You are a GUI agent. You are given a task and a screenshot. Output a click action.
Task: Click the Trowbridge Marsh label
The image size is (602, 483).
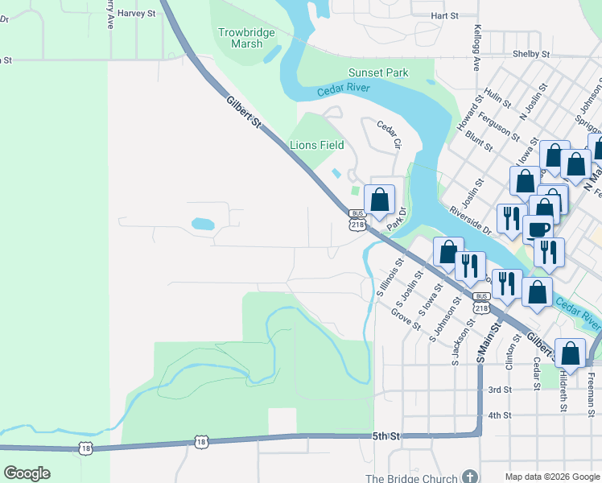(x=246, y=38)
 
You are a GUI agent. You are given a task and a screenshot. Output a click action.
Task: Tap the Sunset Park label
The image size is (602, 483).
(x=377, y=72)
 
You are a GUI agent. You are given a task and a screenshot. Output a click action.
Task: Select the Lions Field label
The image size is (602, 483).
(x=316, y=145)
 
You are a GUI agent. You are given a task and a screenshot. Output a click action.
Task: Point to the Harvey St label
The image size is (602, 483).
(x=134, y=14)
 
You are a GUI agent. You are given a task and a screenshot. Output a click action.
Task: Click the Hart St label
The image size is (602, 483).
(x=443, y=15)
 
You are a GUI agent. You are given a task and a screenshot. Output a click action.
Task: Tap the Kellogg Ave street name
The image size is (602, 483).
(x=476, y=49)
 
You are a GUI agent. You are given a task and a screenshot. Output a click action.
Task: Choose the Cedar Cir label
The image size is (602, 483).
(x=390, y=134)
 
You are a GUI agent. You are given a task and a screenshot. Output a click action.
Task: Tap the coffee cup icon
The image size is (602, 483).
(x=538, y=229)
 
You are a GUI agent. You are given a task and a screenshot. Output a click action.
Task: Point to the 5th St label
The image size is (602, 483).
(x=386, y=436)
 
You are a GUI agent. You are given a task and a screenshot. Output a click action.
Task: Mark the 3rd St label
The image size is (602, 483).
(x=500, y=390)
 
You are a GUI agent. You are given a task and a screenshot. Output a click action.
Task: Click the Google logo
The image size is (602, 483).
(x=27, y=473)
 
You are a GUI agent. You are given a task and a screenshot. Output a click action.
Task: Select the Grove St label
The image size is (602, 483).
(x=406, y=320)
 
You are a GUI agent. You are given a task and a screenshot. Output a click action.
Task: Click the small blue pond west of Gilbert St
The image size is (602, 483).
(x=203, y=224)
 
